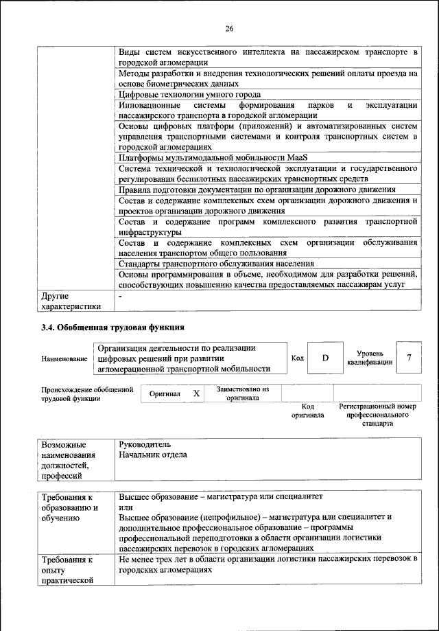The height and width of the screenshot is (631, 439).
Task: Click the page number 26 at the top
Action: tap(229, 28)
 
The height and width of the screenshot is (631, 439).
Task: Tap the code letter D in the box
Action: tap(326, 358)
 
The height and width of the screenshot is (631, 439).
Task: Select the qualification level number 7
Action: tap(410, 357)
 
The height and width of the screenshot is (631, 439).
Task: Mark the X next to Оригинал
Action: tap(195, 393)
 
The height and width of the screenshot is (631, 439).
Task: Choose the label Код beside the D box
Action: tap(297, 358)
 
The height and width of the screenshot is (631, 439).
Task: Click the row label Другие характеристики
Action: tap(69, 301)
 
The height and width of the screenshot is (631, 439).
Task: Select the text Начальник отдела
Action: tap(152, 455)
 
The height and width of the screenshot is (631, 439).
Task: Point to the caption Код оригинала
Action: tap(307, 411)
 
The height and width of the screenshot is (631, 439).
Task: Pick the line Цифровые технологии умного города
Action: tap(189, 94)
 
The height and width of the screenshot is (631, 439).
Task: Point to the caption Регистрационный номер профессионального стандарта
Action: tap(377, 415)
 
